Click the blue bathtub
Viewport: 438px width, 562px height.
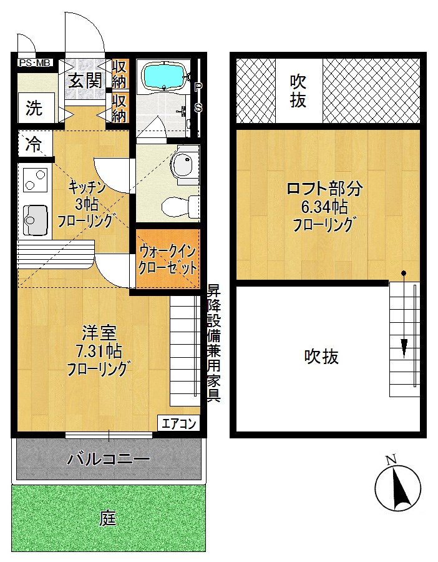(164, 77)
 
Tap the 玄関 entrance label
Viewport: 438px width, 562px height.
(85, 80)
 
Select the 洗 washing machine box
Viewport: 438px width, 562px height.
(34, 108)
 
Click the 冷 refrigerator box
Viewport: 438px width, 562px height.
(33, 145)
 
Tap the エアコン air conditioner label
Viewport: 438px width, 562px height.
(180, 424)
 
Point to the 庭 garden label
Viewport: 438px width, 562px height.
(108, 518)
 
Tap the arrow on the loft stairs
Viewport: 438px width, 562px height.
(404, 345)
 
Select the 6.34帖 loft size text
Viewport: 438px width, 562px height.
(324, 206)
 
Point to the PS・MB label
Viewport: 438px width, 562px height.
(34, 63)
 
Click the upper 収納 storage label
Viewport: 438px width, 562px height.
(120, 74)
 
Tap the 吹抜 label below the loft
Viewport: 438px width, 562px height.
(321, 357)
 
